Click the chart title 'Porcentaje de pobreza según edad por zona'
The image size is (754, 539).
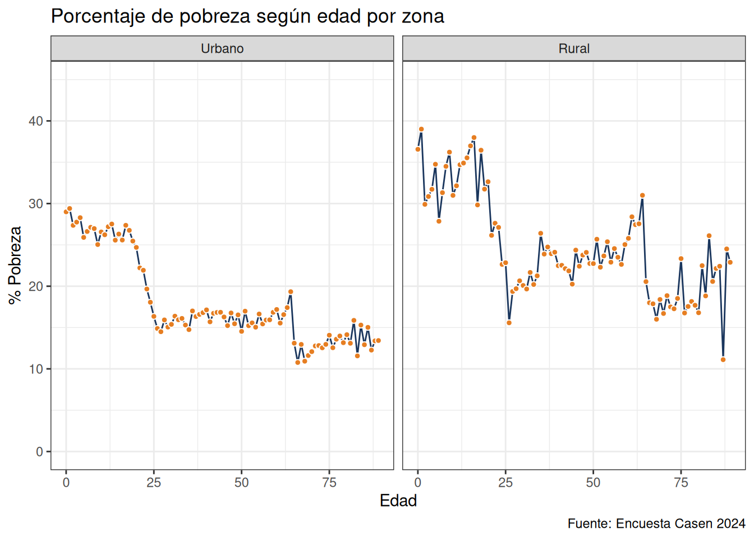[247, 16]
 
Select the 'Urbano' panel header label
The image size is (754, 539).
[222, 49]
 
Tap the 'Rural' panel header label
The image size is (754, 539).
[574, 49]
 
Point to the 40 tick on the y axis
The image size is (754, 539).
[36, 121]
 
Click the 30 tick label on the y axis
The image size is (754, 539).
[36, 204]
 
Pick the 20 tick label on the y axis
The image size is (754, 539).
[36, 286]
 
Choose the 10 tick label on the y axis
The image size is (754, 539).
[36, 369]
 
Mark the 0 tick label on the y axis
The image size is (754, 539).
[39, 451]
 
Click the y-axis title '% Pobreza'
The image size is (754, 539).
[15, 265]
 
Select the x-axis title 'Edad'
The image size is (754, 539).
[398, 500]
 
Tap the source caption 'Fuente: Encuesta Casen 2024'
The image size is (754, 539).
[656, 523]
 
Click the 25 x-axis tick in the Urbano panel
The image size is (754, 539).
[154, 482]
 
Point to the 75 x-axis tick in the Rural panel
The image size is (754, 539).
[681, 482]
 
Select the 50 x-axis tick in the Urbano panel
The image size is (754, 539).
[242, 482]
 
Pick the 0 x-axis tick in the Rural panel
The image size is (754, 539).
[418, 482]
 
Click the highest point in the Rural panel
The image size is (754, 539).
[421, 129]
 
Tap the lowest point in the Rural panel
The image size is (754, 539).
[723, 359]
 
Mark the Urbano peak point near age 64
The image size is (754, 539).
[291, 292]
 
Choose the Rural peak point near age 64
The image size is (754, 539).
[642, 195]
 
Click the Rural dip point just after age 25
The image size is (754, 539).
[509, 323]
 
